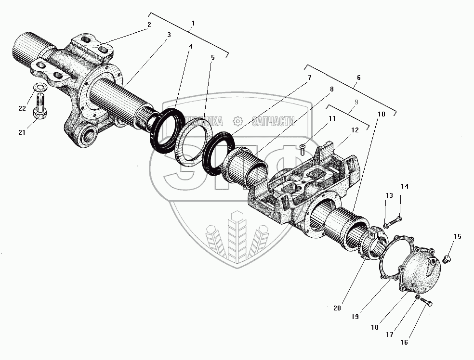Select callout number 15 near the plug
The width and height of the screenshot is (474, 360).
[x=457, y=236]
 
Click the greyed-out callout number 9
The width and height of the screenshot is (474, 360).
[x=356, y=103]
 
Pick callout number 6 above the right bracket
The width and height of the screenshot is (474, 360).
[x=357, y=77]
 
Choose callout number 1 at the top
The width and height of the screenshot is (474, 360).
[x=193, y=23]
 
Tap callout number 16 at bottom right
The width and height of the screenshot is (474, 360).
[x=404, y=342]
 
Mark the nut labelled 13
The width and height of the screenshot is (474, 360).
[x=386, y=224]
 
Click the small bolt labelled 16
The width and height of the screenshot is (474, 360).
[x=426, y=302]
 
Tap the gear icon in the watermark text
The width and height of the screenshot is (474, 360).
[x=237, y=121]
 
